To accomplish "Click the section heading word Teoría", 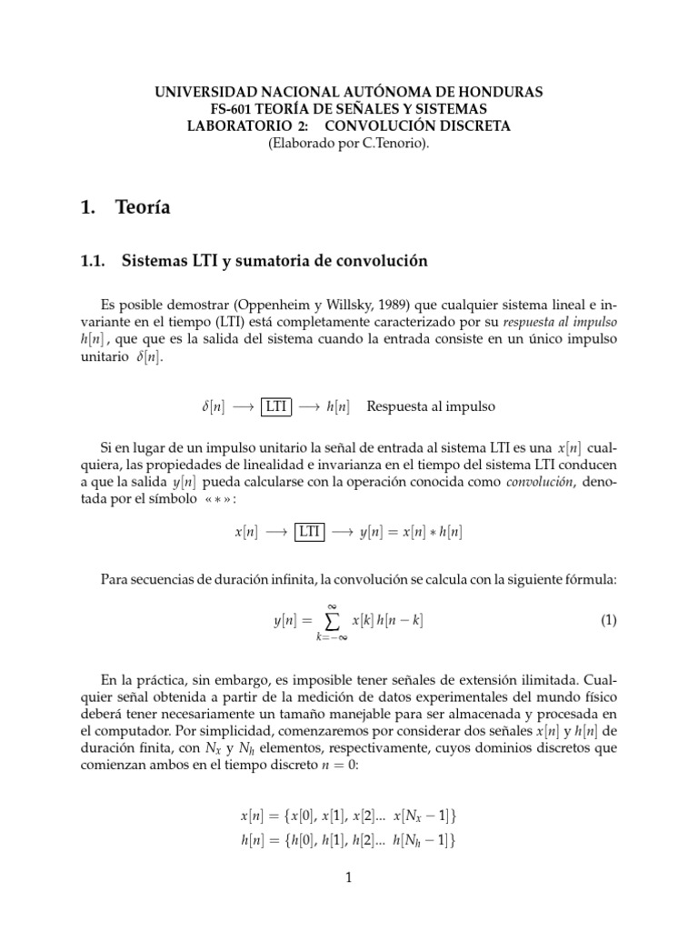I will pyautogui.click(x=143, y=208).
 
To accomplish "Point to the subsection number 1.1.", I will pyautogui.click(x=95, y=262).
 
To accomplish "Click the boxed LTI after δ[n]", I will pyautogui.click(x=277, y=406).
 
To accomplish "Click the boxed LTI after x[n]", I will pyautogui.click(x=309, y=533).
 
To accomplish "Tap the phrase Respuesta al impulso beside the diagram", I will pyautogui.click(x=431, y=406).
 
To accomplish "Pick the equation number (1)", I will pyautogui.click(x=608, y=621).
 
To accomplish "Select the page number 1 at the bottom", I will pyautogui.click(x=349, y=877).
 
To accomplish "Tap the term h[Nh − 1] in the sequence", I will pyautogui.click(x=420, y=841).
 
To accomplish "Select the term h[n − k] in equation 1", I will pyautogui.click(x=400, y=621).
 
